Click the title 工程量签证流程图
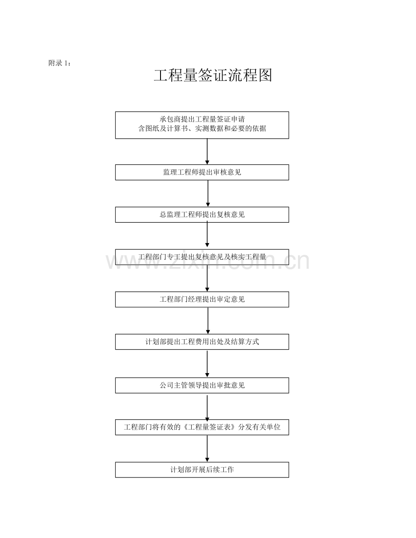[x=213, y=75]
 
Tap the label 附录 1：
[x=60, y=63]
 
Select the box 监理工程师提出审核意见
[x=202, y=172]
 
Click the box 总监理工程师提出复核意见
[x=202, y=215]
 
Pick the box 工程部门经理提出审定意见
[x=202, y=299]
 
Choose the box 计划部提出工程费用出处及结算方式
[x=202, y=342]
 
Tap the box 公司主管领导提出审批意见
[x=202, y=385]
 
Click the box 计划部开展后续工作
[x=202, y=470]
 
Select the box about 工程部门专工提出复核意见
[x=202, y=257]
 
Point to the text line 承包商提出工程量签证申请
[x=202, y=119]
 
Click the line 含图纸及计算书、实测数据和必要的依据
[x=202, y=129]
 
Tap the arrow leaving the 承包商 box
[x=207, y=152]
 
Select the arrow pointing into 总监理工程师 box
[x=208, y=193]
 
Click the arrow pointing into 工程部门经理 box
[x=207, y=278]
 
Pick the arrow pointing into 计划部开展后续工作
[x=207, y=449]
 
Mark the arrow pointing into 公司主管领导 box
[x=207, y=364]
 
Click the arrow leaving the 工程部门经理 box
[x=208, y=321]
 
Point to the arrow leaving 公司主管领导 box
[x=207, y=407]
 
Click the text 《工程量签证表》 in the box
[x=210, y=427]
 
